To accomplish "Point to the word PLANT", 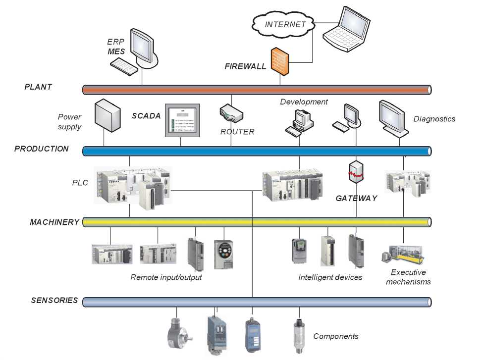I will pos(38,87).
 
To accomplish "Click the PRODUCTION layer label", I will pos(42,149).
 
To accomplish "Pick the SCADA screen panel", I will pos(182,120).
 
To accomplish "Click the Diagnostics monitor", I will pos(393,117).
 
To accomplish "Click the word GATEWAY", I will pos(356,198).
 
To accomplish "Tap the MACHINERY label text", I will pos(54,222).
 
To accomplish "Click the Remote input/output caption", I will pos(166,277).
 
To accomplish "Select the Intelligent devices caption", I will pos(330,277).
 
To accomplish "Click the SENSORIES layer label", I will pos(54,300).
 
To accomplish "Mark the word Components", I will pos(336,336).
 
